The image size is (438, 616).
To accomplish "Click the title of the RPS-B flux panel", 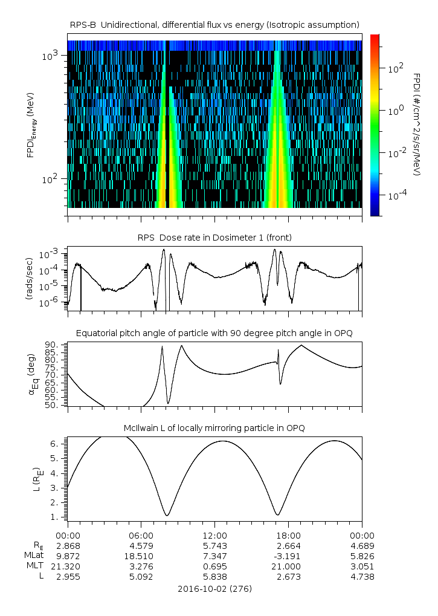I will pos(214,24).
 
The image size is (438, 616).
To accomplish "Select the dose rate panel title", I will pos(214,238).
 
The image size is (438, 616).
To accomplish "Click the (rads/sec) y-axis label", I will pos(30,279).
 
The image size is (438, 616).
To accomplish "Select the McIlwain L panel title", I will pos(214,428).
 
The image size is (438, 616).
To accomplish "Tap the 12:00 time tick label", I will pos(214,535).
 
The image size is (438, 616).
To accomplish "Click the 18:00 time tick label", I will pos(288,535).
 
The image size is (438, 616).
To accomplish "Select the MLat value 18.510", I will pos(141,556).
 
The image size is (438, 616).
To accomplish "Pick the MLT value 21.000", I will pos(288,566).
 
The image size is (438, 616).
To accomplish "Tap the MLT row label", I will pos(31,566).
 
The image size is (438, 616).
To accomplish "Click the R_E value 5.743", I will pos(214,545).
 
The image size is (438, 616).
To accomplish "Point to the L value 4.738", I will pos(362,576).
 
